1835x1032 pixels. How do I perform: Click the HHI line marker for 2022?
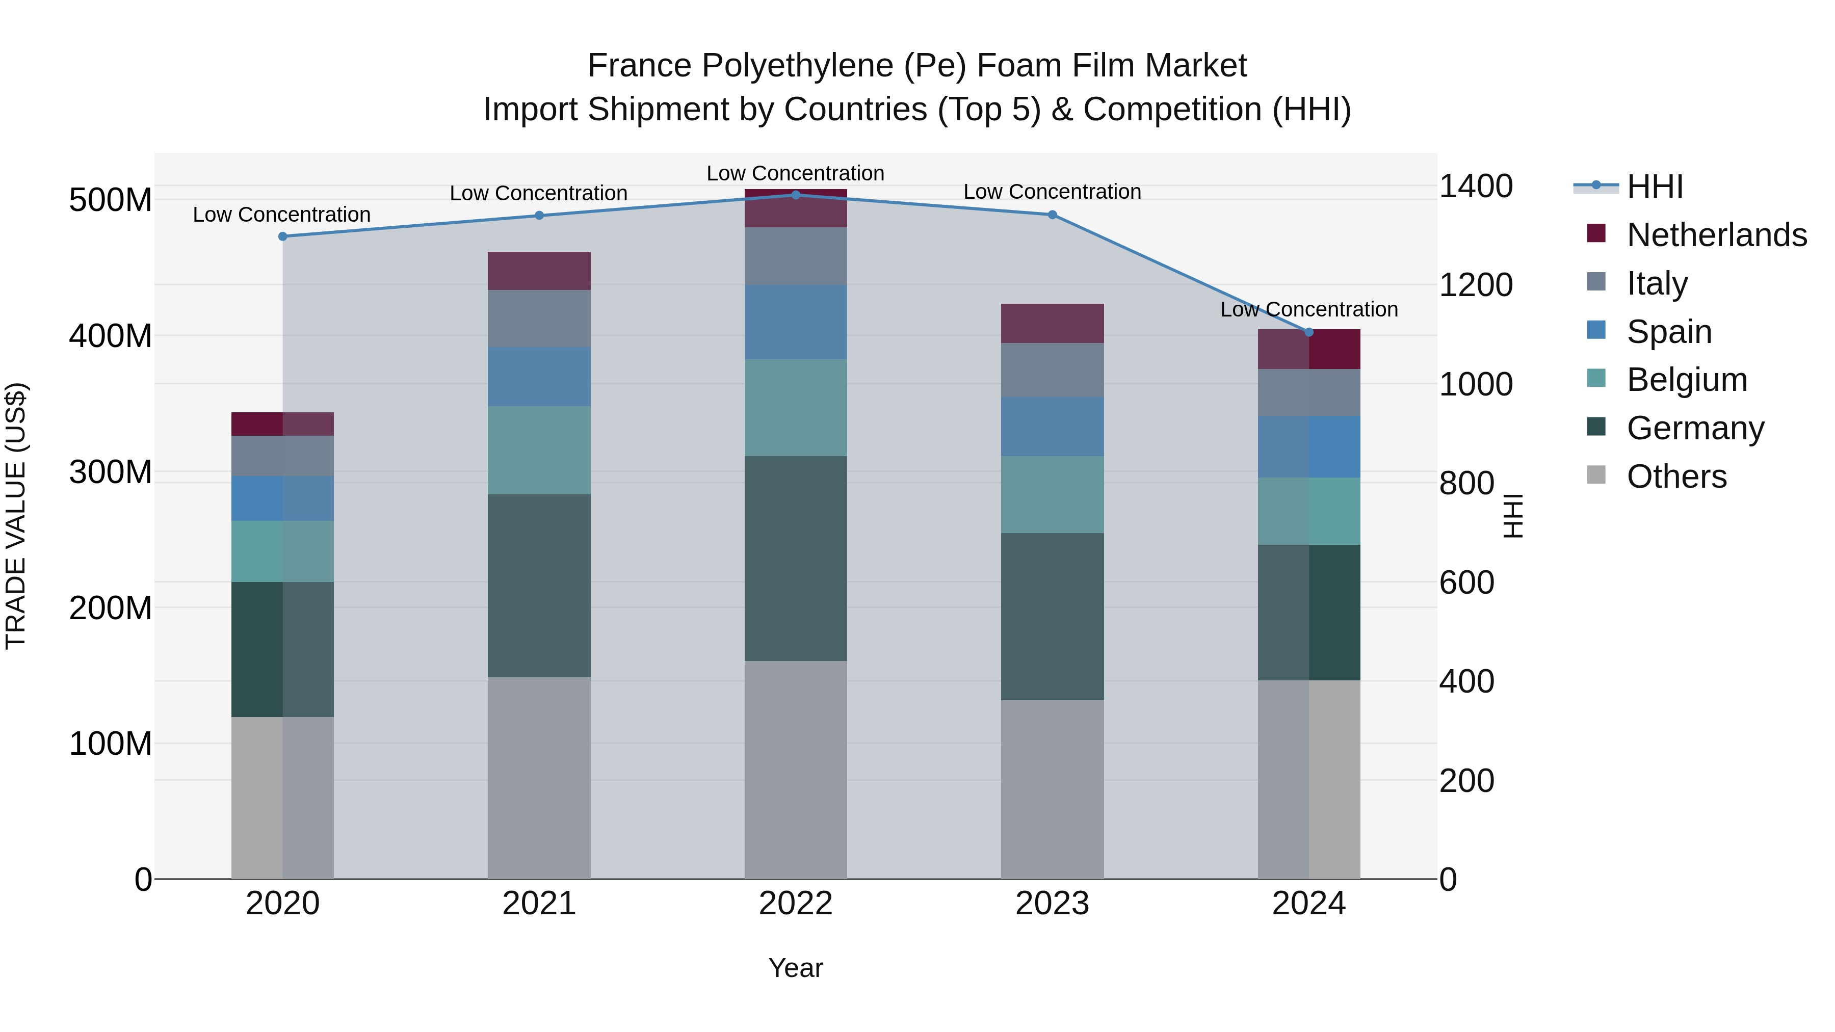[796, 195]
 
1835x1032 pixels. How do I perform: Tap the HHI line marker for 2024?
[1308, 332]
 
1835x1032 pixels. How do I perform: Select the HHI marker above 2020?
[283, 236]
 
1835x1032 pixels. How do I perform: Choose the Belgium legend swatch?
[1596, 378]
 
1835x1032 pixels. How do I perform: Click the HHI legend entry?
[1655, 187]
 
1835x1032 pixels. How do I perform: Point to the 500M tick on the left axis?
[111, 200]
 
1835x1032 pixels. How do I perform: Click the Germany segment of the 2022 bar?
[796, 559]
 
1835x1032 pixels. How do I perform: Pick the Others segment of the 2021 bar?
[539, 778]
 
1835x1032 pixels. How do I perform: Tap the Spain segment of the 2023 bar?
[1052, 427]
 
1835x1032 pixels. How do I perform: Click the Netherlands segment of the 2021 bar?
[539, 271]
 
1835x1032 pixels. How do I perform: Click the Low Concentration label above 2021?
[539, 194]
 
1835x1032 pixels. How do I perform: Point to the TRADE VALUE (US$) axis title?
[16, 516]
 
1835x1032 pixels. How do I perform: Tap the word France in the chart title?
[639, 66]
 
